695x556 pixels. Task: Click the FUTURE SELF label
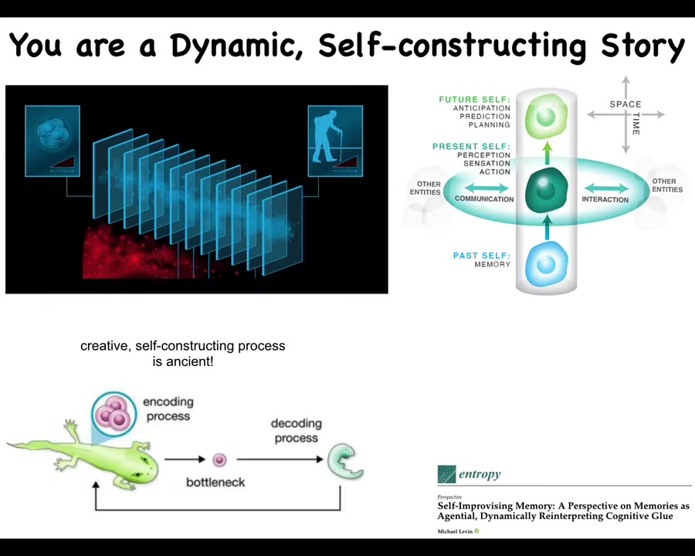(474, 100)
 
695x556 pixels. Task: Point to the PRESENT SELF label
(471, 147)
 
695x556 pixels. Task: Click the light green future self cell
(546, 117)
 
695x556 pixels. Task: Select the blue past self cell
(546, 264)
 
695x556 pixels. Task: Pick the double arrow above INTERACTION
(606, 188)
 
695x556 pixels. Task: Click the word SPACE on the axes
(625, 104)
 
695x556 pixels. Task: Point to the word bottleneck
(215, 482)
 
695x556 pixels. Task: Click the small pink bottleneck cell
(219, 460)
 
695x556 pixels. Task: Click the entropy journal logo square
(446, 474)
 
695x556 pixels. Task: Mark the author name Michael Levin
(455, 531)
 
